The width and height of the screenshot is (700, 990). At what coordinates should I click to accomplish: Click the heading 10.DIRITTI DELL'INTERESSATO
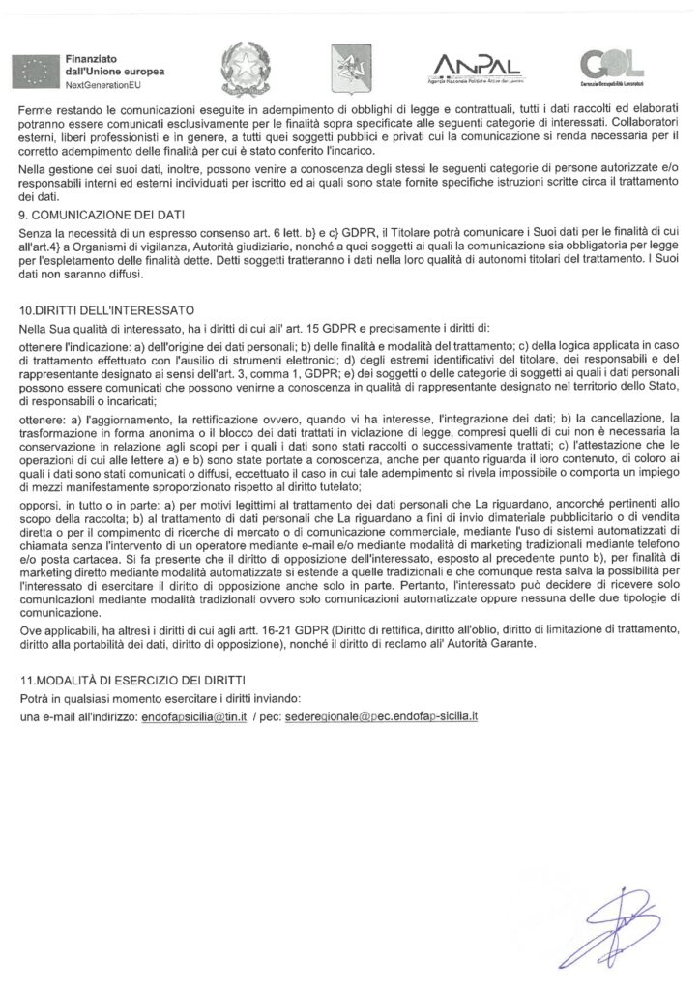(107, 310)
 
